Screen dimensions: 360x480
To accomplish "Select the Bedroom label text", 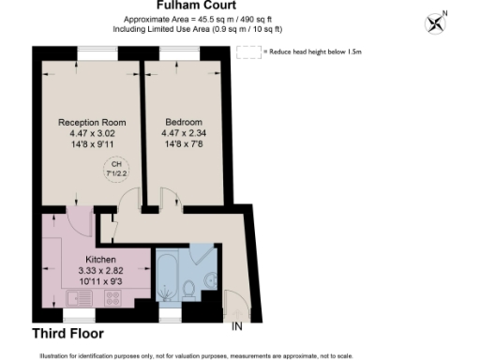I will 183,122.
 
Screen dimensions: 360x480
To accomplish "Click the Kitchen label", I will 101,259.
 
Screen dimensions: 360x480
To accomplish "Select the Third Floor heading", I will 67,333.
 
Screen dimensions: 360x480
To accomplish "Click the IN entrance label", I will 238,326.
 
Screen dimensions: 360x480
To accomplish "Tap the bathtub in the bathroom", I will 168,277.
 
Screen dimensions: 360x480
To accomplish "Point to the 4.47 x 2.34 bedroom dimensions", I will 183,134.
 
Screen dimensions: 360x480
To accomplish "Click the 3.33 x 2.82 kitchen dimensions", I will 101,270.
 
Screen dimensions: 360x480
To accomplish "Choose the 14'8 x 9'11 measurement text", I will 91,145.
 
